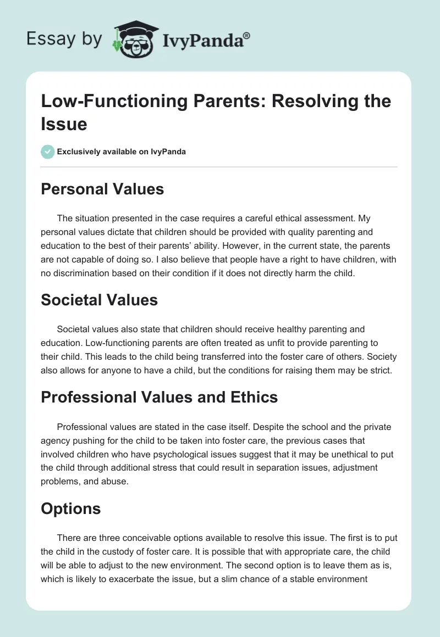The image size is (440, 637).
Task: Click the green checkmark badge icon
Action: [x=47, y=152]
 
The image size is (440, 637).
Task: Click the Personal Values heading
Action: [x=102, y=189]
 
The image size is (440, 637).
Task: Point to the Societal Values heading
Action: [x=99, y=300]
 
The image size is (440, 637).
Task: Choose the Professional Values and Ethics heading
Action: [x=159, y=397]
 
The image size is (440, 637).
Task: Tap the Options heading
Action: [x=70, y=509]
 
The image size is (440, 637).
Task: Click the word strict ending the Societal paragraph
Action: [x=379, y=370]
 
